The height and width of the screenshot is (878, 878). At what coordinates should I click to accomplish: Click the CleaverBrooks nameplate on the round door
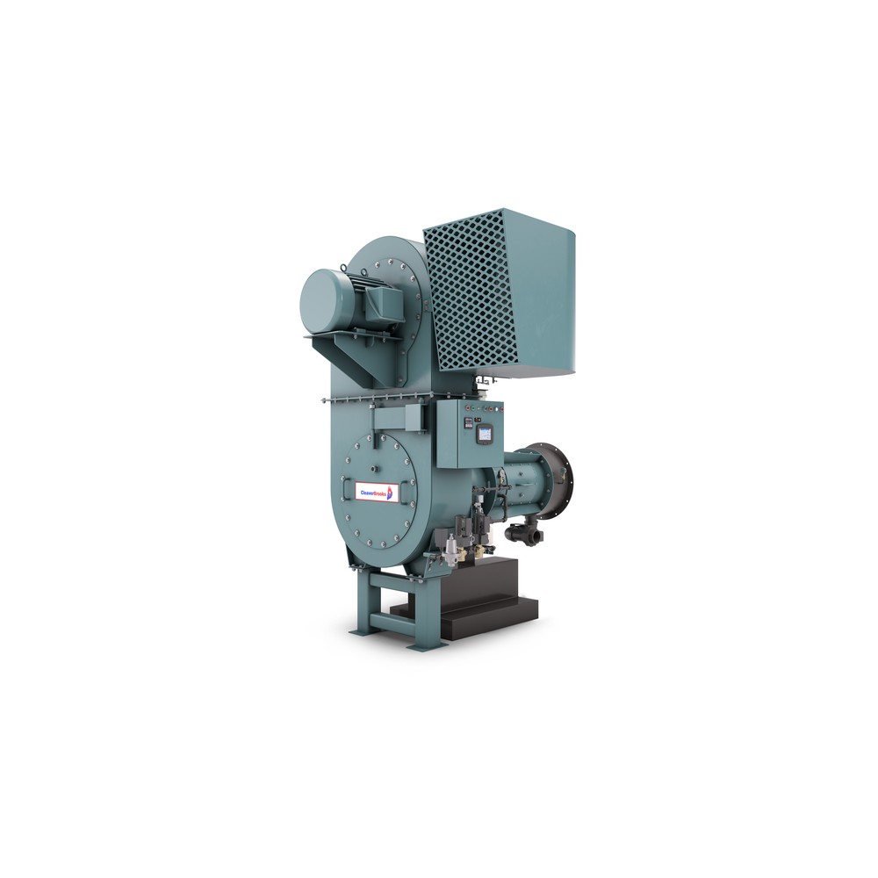pos(376,493)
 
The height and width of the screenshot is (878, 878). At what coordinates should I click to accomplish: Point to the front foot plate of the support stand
pos(428,647)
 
